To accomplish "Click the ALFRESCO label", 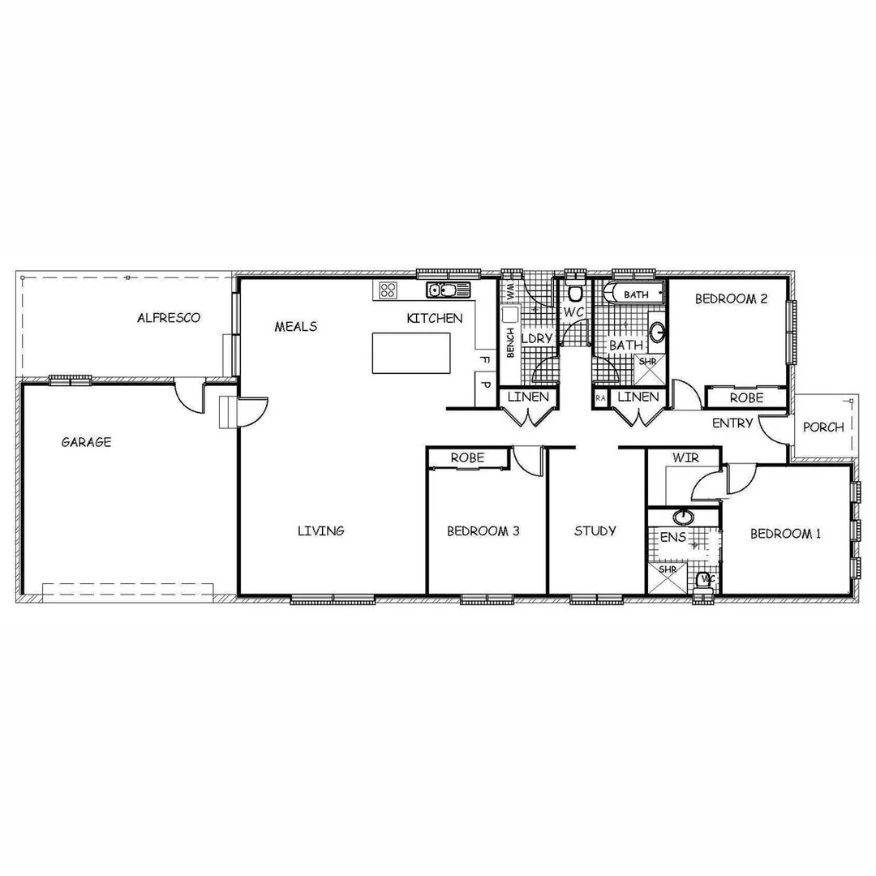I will point(169,318).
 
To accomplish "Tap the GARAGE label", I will point(86,442).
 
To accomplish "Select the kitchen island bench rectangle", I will point(411,353).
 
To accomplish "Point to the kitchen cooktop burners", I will point(387,290).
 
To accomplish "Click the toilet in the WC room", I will point(575,293).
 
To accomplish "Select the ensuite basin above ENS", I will point(683,517).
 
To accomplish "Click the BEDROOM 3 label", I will point(483,531).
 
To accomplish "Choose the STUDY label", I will point(595,530).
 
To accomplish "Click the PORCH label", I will point(822,427).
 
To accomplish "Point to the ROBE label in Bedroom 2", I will point(745,398).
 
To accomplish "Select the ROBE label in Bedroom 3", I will point(467,457).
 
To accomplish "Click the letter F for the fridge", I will point(485,359).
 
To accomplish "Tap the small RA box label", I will point(600,398).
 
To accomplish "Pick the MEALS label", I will point(295,326).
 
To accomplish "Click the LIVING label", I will point(320,530).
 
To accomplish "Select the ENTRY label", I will point(732,423).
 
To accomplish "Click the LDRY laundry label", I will point(536,338).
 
